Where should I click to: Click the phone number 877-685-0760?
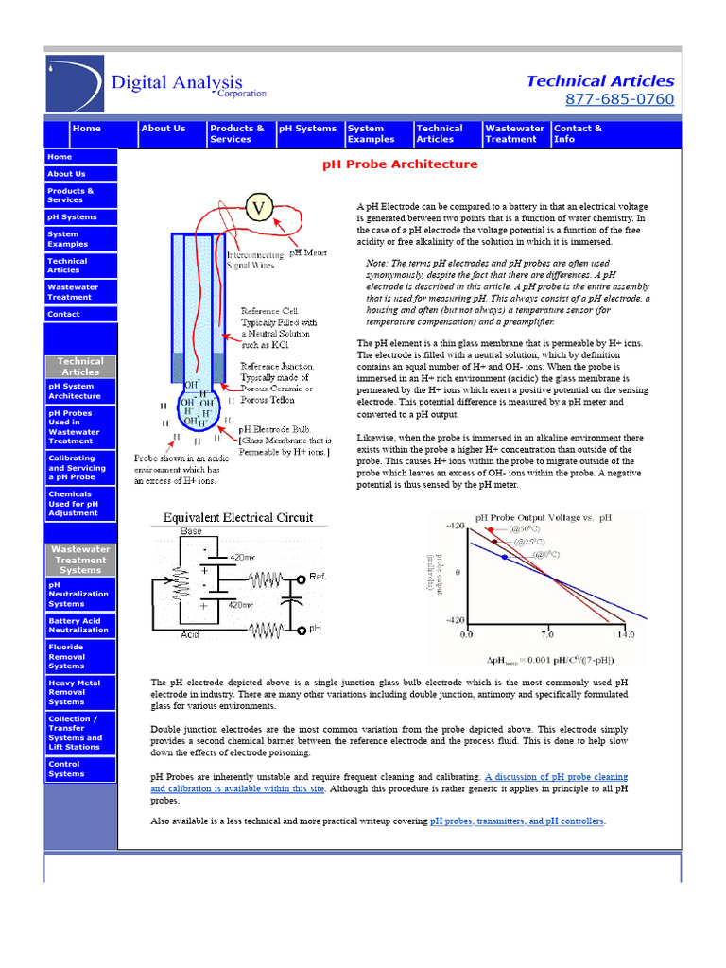pos(619,99)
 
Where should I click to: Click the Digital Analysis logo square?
pos(75,84)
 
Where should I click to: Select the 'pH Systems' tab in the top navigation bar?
pos(307,129)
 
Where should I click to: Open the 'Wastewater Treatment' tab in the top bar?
pos(513,133)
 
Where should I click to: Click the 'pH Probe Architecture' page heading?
pos(400,164)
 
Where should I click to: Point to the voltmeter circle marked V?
pos(260,208)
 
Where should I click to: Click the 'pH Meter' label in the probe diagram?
pos(309,252)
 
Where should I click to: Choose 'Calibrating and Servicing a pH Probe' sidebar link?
pos(79,468)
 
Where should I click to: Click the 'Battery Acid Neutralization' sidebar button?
pos(79,625)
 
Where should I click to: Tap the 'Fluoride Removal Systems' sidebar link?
pos(79,656)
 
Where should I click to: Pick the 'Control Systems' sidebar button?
pos(79,769)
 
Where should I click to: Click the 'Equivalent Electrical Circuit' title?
pos(238,518)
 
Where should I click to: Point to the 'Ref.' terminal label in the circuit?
pos(318,577)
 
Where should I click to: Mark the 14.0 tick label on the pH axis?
pos(625,634)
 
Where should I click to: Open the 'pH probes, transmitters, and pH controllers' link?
pos(516,821)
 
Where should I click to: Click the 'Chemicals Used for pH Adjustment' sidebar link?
pos(79,503)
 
